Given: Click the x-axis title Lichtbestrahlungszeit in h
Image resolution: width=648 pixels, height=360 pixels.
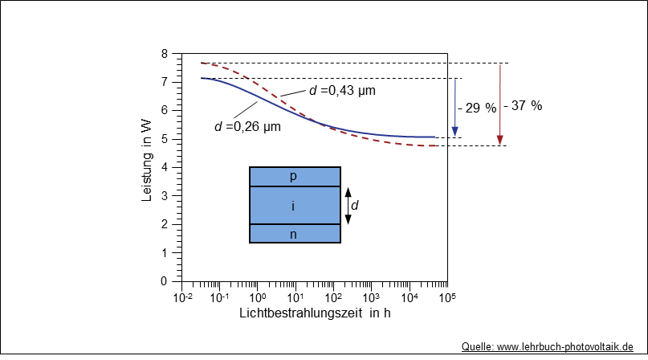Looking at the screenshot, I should pyautogui.click(x=315, y=313).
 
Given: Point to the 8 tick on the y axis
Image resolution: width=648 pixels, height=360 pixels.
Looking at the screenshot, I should pyautogui.click(x=165, y=54).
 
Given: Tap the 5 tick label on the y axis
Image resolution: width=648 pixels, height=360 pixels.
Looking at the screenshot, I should pyautogui.click(x=165, y=139).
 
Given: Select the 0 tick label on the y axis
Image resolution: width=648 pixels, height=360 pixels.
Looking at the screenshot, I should pyautogui.click(x=165, y=281).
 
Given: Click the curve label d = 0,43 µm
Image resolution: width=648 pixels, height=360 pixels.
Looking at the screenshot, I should pyautogui.click(x=342, y=90).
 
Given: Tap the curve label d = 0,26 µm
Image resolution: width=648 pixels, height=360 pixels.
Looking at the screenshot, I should pyautogui.click(x=247, y=126).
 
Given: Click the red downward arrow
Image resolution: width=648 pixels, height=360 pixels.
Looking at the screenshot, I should pyautogui.click(x=500, y=104).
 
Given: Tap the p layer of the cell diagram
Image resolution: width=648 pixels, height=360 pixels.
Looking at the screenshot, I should pyautogui.click(x=294, y=176).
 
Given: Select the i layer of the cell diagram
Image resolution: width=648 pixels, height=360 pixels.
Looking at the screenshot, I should pyautogui.click(x=294, y=206).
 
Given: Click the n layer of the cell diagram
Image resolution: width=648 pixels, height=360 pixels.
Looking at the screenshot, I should pyautogui.click(x=294, y=234).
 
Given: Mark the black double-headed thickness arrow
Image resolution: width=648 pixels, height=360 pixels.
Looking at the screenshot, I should pyautogui.click(x=348, y=206).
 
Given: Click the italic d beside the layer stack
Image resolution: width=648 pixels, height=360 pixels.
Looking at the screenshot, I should pyautogui.click(x=356, y=206).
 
